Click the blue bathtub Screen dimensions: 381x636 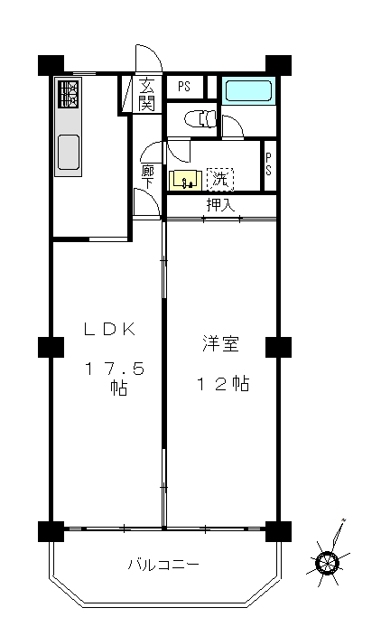click(x=248, y=91)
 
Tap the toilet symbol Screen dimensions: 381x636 click(x=200, y=119)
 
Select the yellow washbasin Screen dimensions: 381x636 click(x=185, y=180)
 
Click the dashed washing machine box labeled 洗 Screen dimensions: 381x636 click(x=220, y=179)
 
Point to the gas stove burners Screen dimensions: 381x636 click(x=69, y=94)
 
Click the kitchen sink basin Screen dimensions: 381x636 click(x=68, y=152)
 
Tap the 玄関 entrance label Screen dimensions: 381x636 click(x=146, y=95)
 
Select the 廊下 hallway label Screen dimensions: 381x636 click(x=147, y=177)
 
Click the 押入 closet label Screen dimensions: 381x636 click(x=220, y=205)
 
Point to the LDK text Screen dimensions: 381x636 click(x=109, y=329)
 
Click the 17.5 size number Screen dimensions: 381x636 click(x=114, y=369)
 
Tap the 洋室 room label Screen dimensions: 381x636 click(x=221, y=344)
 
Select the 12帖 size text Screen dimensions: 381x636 click(x=223, y=384)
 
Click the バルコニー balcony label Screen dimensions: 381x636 click(x=163, y=565)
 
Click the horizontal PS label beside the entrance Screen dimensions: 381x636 click(x=184, y=87)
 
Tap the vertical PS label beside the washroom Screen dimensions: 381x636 click(x=268, y=164)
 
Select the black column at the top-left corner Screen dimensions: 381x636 click(x=51, y=65)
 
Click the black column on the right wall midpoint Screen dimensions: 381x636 click(x=278, y=347)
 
